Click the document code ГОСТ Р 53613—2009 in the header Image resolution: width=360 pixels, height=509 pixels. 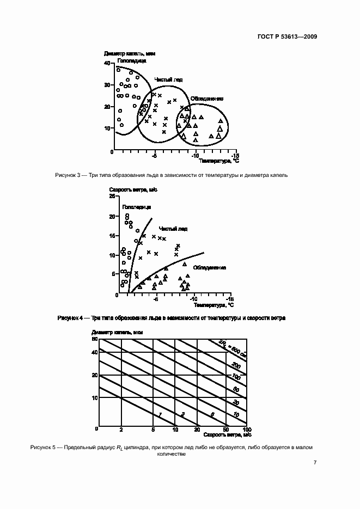coord(288,37)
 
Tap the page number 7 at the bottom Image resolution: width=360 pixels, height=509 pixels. coord(315,462)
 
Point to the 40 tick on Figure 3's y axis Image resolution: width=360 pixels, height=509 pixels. coord(107,63)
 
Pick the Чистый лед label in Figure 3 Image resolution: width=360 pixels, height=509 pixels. coord(168,79)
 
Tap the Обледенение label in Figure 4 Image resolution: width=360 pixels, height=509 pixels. coord(209,267)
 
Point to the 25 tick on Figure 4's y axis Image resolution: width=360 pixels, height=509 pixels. coord(112,195)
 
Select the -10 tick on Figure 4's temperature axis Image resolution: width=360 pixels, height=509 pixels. coord(193,299)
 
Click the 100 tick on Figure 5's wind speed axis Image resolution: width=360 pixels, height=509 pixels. coord(246,430)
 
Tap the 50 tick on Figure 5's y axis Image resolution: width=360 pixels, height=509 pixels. coord(94,339)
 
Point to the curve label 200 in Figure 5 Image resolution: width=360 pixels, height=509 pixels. coord(236,365)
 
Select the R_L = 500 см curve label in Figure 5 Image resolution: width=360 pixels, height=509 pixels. coord(231,347)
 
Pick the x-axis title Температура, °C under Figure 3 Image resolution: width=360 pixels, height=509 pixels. coord(219,161)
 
